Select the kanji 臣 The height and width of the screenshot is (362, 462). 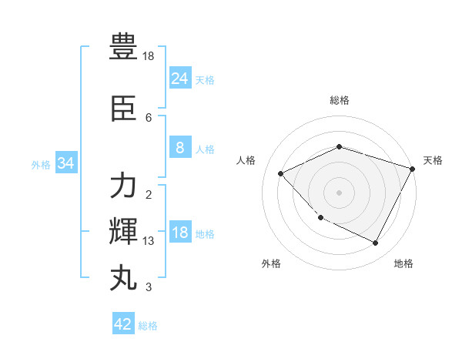124,109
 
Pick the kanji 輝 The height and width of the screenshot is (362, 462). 124,231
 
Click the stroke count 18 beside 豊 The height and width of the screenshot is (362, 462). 149,56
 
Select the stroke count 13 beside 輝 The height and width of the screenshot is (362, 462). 149,241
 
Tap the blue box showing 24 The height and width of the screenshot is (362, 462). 179,79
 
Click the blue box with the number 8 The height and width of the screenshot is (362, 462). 179,149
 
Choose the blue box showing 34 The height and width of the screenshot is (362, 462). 65,163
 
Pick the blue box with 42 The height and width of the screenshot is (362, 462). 123,324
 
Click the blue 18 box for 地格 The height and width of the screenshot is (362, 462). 179,233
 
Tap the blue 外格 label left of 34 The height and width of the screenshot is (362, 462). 41,164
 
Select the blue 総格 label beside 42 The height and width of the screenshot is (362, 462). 148,326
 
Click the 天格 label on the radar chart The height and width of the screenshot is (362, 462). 433,160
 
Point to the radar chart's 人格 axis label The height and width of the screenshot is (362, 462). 246,160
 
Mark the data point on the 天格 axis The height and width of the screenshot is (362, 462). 413,169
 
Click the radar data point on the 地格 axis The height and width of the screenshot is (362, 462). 376,243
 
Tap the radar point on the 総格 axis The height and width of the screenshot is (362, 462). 339,146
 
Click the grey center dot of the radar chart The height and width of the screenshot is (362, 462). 339,193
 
